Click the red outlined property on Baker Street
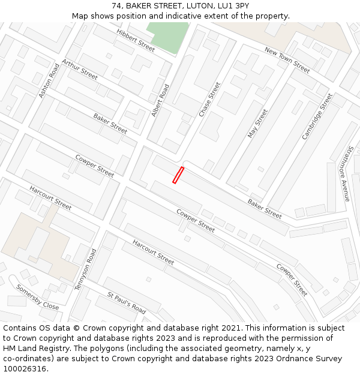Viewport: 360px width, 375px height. coord(178,175)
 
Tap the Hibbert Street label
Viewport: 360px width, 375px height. coord(136,39)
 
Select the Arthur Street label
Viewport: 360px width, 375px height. coord(79,70)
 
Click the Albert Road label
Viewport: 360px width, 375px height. coord(160,100)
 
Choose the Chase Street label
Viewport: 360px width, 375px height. coord(210,99)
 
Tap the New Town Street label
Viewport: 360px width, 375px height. coord(287,61)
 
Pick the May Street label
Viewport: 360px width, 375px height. coord(257,123)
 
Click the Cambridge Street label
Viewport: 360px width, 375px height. coord(317,116)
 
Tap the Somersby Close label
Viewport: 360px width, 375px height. coord(38,298)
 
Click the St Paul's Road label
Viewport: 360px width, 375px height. coord(127,304)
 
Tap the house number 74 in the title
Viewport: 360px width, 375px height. coord(116,6)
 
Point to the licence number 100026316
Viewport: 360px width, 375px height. coord(25,369)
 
